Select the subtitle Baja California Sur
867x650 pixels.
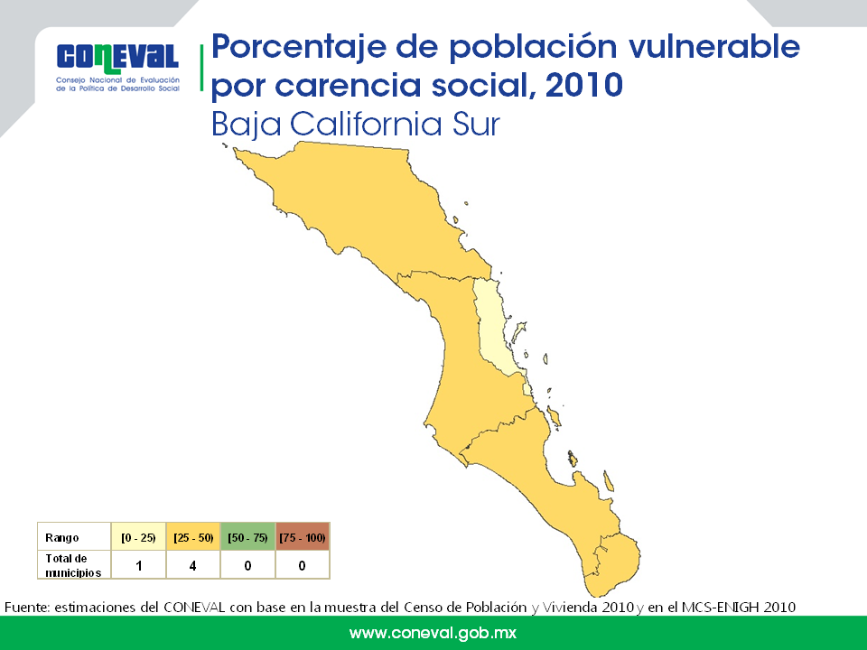click(356, 124)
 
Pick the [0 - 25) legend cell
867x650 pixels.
click(138, 537)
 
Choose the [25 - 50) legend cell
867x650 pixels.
click(193, 537)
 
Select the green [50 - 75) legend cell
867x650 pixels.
click(247, 537)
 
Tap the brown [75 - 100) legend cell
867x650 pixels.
click(302, 537)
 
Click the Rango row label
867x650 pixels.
click(62, 538)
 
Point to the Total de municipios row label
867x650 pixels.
click(73, 565)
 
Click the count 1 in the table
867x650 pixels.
click(139, 565)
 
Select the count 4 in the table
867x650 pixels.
click(193, 565)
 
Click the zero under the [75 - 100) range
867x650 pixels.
click(302, 565)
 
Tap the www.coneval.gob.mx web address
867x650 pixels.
click(433, 633)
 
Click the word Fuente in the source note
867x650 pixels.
click(27, 607)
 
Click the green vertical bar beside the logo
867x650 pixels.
click(201, 68)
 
